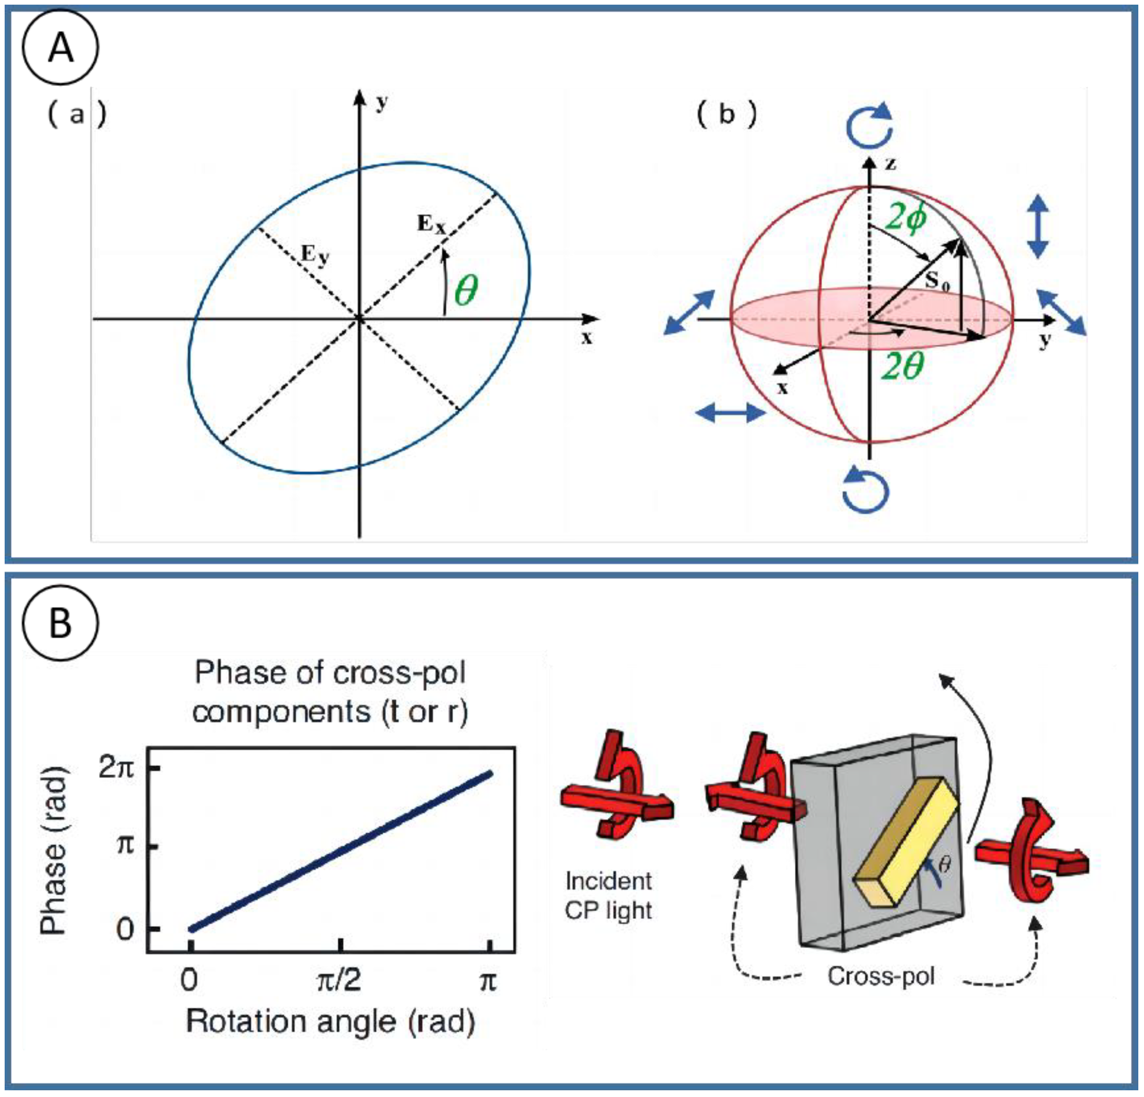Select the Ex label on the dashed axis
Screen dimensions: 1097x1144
(x=431, y=224)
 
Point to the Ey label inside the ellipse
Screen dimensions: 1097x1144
(x=314, y=255)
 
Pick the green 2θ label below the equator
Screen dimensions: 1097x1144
(x=902, y=367)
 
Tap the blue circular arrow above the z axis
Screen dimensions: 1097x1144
(x=870, y=126)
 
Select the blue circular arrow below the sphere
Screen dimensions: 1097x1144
(x=866, y=490)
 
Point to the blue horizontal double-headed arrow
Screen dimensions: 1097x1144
(x=730, y=413)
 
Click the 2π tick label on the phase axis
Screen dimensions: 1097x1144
(x=116, y=768)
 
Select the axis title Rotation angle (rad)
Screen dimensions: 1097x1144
(x=330, y=1021)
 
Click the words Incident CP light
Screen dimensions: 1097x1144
(x=608, y=896)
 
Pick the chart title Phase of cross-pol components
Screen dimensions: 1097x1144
(x=330, y=693)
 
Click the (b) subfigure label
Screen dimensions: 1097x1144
(x=727, y=114)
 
